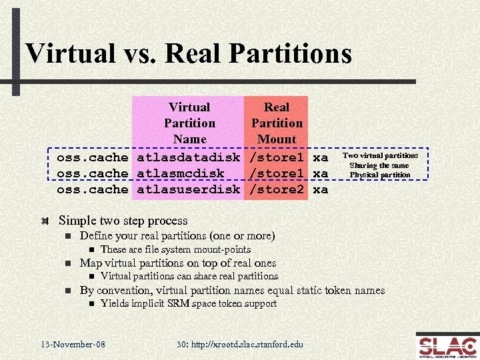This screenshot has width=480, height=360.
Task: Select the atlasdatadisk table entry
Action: point(189,157)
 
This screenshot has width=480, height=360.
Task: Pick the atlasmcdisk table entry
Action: point(181,173)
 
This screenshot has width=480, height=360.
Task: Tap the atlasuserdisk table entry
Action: point(189,189)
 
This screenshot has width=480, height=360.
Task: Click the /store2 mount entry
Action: point(277,189)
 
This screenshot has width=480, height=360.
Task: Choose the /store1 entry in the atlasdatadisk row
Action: point(277,157)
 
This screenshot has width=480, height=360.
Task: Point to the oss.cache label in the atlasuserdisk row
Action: point(92,189)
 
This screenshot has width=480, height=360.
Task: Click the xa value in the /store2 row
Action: point(320,189)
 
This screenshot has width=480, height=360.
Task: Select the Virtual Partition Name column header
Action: point(189,123)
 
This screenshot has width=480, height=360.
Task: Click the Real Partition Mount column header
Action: point(277,123)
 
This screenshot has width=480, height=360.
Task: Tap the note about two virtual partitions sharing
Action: point(380,165)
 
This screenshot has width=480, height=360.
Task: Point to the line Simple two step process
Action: point(123,221)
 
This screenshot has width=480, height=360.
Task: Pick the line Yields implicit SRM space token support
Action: point(188,304)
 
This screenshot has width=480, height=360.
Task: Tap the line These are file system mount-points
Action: point(175,249)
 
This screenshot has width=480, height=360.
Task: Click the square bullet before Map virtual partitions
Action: point(67,263)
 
